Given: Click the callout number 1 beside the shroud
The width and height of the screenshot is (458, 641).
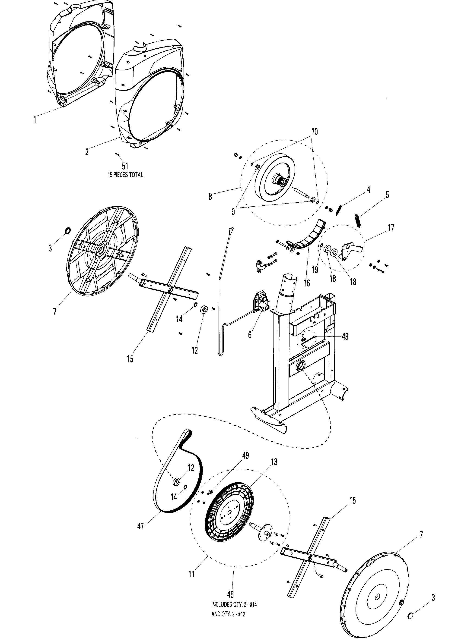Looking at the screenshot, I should (x=35, y=120).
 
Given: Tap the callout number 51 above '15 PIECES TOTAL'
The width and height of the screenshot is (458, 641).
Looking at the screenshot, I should (x=125, y=166).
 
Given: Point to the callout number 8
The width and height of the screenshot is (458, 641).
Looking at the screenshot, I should (x=210, y=196).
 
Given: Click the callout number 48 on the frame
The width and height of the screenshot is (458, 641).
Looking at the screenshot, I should (x=345, y=336).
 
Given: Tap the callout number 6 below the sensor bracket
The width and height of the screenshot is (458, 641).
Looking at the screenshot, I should (x=250, y=335).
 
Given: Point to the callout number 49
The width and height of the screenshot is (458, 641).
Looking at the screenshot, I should (x=246, y=456).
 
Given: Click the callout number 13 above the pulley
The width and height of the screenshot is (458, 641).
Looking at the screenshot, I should (x=274, y=462).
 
